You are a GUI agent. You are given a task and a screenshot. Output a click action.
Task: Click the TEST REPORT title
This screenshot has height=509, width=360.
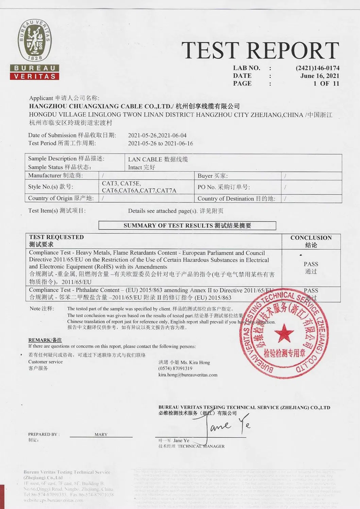coord(260,50)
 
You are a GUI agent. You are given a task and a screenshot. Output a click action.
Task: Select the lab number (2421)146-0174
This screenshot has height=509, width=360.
coord(317,68)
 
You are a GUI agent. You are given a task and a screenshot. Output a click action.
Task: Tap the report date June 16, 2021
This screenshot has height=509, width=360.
coord(320,76)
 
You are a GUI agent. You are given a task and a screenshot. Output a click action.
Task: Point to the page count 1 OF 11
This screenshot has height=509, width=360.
coord(326,84)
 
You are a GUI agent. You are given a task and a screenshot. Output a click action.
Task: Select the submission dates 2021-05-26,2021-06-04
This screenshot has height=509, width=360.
coord(157,135)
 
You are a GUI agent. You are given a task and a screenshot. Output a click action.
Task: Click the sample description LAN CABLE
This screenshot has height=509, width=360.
coord(142,159)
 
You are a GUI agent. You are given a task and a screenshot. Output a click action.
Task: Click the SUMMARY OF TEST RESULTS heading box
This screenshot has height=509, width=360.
coord(187,225)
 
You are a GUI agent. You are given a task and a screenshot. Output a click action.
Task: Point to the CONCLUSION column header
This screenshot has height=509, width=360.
coord(311,238)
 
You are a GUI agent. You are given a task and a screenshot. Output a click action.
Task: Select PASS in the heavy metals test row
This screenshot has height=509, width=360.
coord(311,264)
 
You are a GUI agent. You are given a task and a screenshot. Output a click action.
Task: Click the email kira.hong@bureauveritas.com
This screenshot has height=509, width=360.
coord(188,375)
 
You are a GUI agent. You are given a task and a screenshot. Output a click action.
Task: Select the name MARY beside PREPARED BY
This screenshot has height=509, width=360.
coord(101,435)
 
